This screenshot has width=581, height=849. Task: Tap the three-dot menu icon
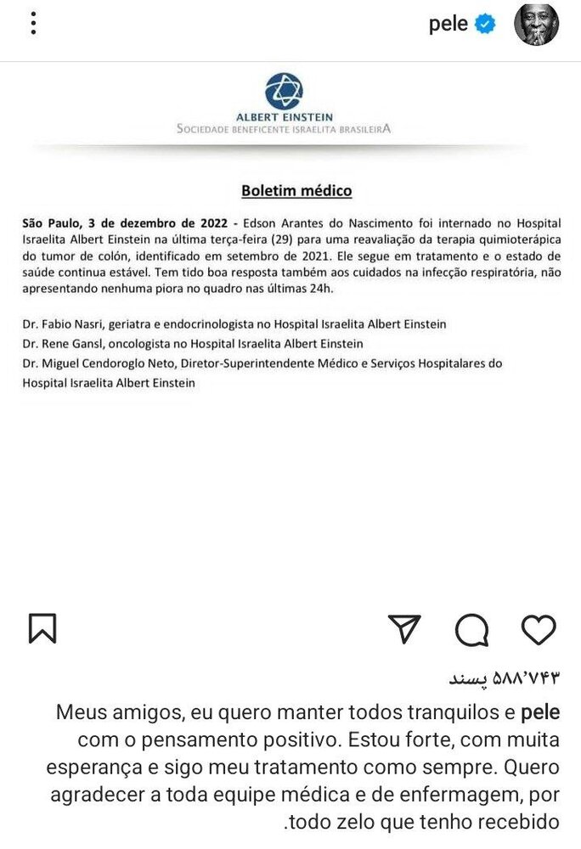33,24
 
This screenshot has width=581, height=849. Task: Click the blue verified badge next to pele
485,24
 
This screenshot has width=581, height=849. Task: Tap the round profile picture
536,24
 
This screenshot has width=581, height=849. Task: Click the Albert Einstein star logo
284,91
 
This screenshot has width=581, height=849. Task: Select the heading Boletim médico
296,191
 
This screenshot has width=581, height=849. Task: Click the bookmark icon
42,629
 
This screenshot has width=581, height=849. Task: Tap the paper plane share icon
404,629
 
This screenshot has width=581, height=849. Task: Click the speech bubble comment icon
471,630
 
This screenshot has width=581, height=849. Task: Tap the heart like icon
538,629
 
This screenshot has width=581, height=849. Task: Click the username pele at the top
448,24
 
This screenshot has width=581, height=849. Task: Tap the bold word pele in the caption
539,711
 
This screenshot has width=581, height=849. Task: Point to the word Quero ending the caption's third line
532,767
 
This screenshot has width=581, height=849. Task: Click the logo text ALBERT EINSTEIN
284,117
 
